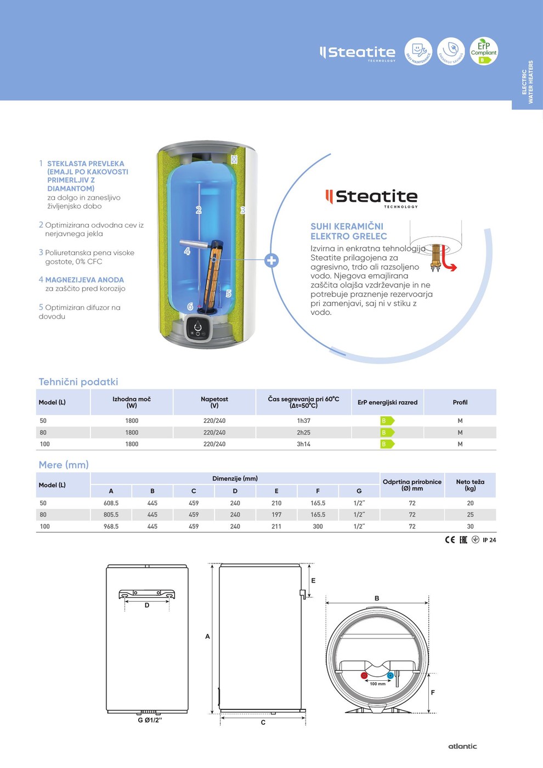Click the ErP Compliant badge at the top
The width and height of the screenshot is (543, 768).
[483, 51]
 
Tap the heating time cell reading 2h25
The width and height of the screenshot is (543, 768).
[303, 433]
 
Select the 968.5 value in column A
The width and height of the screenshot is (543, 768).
[111, 527]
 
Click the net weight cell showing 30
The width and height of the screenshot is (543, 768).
[470, 527]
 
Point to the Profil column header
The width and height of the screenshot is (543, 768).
[460, 403]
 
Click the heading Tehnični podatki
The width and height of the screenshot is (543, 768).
[78, 382]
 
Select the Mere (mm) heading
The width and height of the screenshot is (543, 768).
[64, 465]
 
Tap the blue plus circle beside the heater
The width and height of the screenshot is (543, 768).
[271, 260]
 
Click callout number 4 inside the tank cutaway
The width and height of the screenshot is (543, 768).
[187, 251]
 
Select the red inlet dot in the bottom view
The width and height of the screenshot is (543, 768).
[364, 675]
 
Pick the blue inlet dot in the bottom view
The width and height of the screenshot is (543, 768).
[390, 675]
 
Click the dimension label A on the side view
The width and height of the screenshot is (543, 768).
[207, 636]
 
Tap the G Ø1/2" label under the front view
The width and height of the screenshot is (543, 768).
[149, 720]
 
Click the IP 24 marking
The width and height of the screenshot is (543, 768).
[489, 540]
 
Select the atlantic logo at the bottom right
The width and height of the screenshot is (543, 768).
[462, 746]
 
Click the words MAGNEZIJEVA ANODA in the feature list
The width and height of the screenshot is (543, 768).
[84, 280]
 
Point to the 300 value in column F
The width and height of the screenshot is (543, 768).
[318, 527]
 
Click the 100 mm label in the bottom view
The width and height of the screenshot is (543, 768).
[377, 684]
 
